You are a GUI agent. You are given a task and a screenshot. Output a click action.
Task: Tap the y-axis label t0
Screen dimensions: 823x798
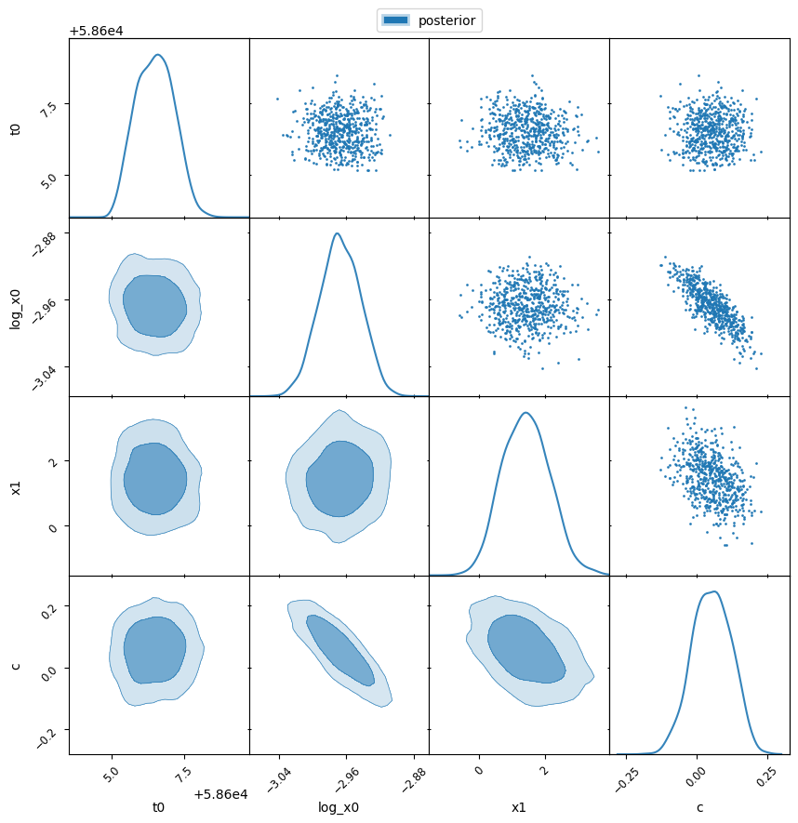click(x=15, y=128)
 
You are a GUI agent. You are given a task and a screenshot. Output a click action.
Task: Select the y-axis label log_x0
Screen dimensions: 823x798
click(x=15, y=307)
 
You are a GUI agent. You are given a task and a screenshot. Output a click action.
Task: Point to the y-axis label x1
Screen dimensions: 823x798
click(x=15, y=486)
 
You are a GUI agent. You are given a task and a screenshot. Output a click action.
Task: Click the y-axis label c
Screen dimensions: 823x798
click(x=15, y=665)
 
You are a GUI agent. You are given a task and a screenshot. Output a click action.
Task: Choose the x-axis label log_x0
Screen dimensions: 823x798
click(x=339, y=808)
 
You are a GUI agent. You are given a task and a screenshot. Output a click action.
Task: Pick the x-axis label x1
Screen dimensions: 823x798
click(x=518, y=808)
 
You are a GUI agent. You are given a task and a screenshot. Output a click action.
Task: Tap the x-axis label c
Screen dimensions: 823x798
click(x=699, y=808)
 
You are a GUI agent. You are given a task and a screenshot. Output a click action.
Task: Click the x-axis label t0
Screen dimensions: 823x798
click(x=158, y=808)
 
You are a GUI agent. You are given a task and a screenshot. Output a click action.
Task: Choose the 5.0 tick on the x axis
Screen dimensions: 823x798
click(x=112, y=771)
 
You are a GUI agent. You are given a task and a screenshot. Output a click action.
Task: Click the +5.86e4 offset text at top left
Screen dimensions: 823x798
click(x=96, y=31)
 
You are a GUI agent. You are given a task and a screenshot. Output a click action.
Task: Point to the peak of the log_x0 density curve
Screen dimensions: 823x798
click(x=337, y=233)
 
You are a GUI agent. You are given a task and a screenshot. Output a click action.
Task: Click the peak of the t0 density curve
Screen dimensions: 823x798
click(x=158, y=55)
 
